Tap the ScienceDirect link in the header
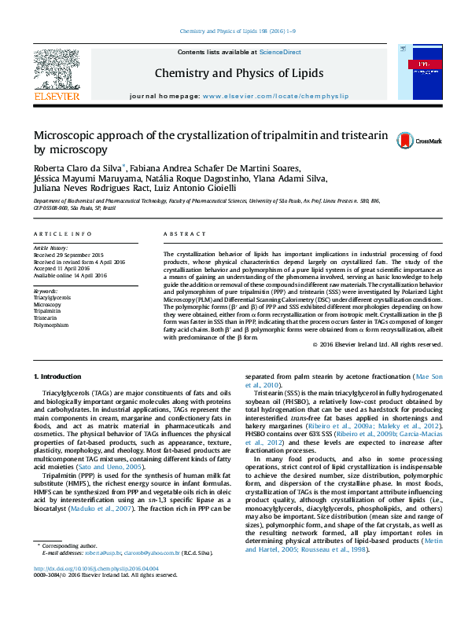pos(280,52)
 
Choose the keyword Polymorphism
pos(51,324)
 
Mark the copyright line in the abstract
pos(376,344)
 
